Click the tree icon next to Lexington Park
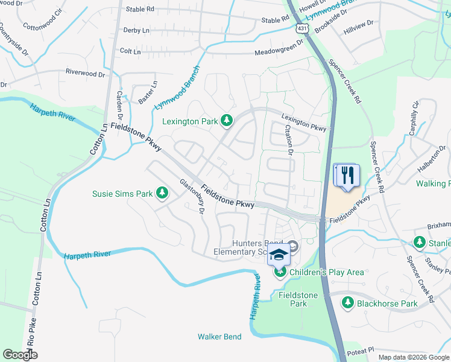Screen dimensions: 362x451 click(x=227, y=121)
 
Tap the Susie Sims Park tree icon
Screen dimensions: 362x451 click(x=162, y=194)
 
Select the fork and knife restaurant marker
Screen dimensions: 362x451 click(x=347, y=176)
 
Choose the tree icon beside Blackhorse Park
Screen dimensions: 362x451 click(x=348, y=303)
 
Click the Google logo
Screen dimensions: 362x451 click(x=20, y=354)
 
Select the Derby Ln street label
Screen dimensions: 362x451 click(x=136, y=30)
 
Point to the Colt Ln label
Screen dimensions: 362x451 click(x=130, y=52)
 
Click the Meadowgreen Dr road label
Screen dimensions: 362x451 click(x=279, y=52)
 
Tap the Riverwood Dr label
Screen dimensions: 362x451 click(x=85, y=74)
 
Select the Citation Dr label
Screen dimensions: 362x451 click(x=289, y=143)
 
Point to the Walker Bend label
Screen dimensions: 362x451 click(x=219, y=337)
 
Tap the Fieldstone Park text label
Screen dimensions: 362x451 click(x=293, y=299)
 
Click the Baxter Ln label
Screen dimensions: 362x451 click(x=148, y=92)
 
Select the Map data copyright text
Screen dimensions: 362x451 click(x=413, y=357)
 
